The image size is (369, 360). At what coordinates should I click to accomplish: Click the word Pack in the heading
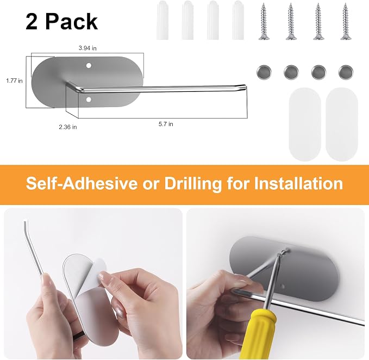[71, 22]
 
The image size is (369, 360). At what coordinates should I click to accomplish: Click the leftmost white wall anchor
[162, 20]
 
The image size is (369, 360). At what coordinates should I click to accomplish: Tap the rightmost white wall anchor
[238, 20]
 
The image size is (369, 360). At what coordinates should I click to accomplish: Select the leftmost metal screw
[264, 21]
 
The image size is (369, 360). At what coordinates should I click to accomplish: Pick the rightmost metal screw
[346, 21]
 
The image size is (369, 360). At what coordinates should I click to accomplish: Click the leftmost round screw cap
[264, 72]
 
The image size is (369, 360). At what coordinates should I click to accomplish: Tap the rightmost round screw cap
[346, 72]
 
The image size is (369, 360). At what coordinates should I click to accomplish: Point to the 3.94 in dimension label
[87, 48]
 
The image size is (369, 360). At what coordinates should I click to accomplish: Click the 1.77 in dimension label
[14, 81]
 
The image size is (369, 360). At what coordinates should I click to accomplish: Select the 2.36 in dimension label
[68, 127]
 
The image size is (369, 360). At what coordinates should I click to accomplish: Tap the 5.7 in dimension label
[166, 124]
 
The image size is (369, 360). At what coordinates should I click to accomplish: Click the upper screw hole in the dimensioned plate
[89, 66]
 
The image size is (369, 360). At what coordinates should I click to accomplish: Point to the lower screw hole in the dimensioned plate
[89, 100]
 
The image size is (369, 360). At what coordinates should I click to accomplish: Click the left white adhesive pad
[305, 125]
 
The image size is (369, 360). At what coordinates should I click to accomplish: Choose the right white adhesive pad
[342, 125]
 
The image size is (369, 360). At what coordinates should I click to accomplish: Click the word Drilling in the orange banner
[193, 184]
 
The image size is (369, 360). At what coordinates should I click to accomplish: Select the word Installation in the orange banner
[298, 183]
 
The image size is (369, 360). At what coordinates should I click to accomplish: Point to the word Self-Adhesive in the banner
[82, 183]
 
